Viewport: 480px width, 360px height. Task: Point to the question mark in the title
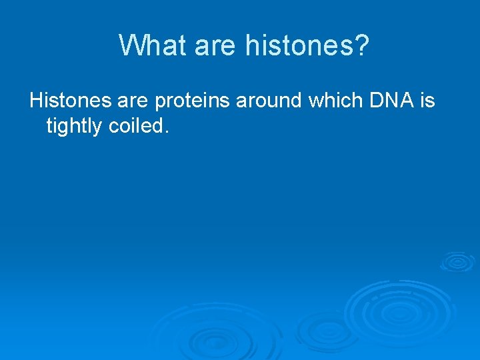[x=362, y=46]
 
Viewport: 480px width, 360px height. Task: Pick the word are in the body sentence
[x=133, y=101]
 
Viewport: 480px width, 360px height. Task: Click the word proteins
[x=193, y=102]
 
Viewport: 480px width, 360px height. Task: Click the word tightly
[x=73, y=125]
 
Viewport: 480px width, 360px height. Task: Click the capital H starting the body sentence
[x=36, y=101]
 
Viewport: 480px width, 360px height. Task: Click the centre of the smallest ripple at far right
[x=457, y=261]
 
